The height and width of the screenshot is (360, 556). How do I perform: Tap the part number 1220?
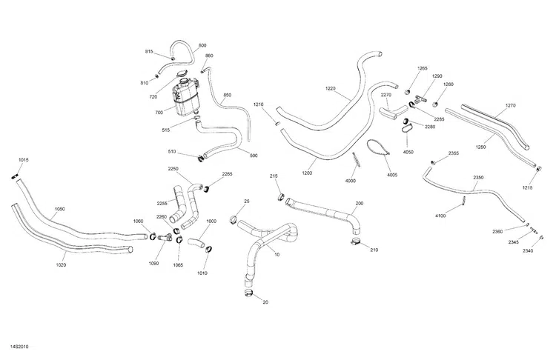[330, 89]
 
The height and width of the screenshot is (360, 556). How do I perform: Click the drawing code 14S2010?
[19, 345]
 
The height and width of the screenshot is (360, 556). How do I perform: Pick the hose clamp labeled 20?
[248, 295]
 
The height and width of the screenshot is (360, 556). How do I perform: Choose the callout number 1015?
[24, 161]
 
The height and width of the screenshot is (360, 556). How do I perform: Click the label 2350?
[477, 178]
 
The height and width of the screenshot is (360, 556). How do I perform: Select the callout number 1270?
[510, 105]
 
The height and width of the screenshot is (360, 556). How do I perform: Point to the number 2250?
[173, 169]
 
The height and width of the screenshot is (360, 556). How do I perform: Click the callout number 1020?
[61, 264]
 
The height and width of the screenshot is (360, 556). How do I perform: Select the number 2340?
[527, 251]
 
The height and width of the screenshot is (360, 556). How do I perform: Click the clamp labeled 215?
[282, 197]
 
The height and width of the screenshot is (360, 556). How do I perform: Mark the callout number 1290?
[437, 76]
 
